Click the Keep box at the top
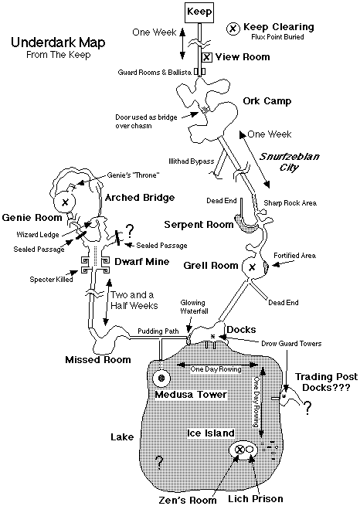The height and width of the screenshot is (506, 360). tap(199, 12)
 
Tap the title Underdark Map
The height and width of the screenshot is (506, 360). tap(58, 42)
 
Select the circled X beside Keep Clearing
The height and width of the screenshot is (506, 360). tap(233, 29)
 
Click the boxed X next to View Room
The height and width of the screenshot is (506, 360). tap(207, 57)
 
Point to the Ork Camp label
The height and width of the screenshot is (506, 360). tap(267, 101)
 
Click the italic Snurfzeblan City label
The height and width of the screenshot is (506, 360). tap(289, 161)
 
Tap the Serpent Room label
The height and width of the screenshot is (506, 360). tap(199, 225)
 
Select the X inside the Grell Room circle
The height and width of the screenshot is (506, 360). tap(252, 267)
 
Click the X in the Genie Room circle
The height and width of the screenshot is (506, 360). tap(65, 202)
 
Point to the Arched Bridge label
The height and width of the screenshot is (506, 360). tap(140, 198)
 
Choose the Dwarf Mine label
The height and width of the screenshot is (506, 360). tap(142, 261)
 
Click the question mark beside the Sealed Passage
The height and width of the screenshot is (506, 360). tap(129, 230)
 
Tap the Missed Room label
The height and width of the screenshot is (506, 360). tap(98, 360)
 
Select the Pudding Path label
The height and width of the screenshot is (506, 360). tap(158, 331)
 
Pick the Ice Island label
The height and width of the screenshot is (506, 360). tap(211, 433)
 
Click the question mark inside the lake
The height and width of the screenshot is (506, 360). tap(158, 462)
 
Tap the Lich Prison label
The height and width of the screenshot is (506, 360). tap(256, 499)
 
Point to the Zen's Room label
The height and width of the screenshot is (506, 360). tap(188, 500)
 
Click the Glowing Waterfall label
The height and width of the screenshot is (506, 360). tap(194, 307)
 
